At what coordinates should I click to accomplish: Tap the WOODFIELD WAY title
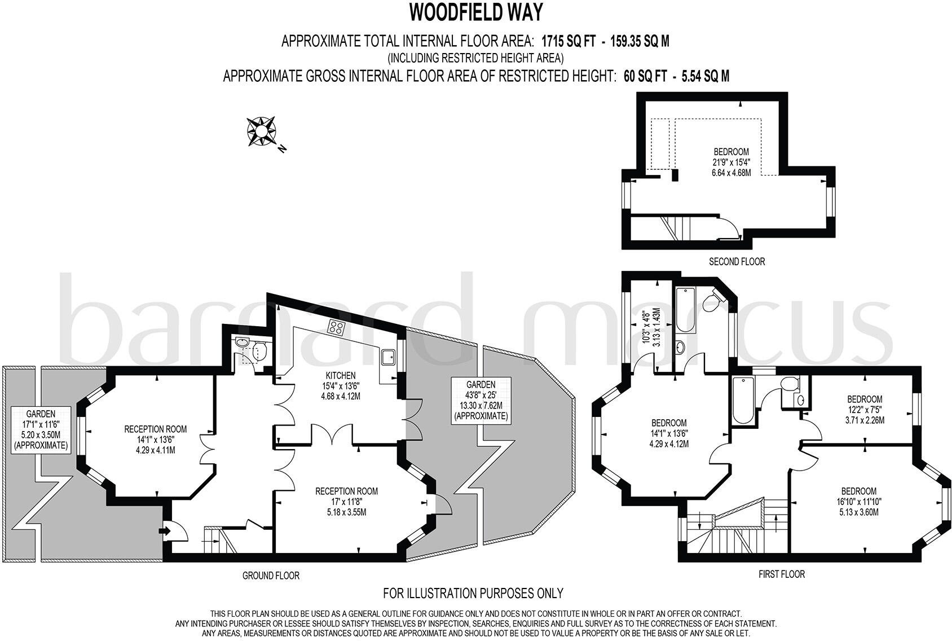coord(476,13)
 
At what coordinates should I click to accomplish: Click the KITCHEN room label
coord(341,376)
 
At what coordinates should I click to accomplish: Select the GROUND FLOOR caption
coord(271,576)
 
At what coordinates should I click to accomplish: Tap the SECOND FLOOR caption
coord(737,262)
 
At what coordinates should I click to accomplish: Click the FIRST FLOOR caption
coord(782,574)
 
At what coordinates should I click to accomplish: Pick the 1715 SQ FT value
coord(568,41)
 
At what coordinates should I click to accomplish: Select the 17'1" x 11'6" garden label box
coord(41,429)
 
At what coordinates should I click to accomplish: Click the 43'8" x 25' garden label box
coord(481,400)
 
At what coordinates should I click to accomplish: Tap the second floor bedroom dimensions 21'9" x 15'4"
coord(731,162)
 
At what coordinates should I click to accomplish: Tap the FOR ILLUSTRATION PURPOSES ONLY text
coord(473,593)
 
